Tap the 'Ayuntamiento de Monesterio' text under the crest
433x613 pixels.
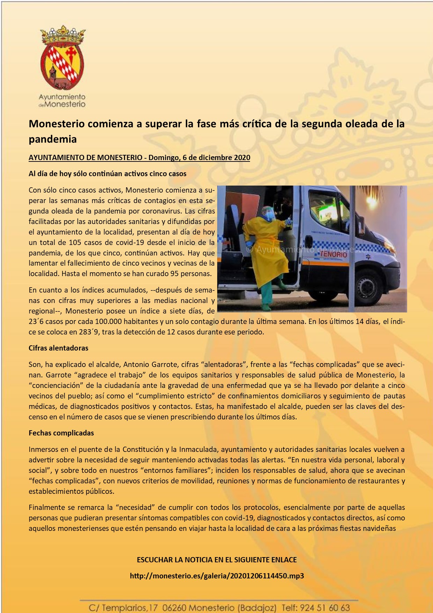(62, 100)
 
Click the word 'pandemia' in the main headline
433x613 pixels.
(52, 139)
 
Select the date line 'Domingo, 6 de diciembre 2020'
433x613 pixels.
(199, 158)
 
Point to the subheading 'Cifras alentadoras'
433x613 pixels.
(58, 348)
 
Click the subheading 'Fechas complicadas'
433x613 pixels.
(61, 433)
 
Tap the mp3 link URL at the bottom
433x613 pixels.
(216, 576)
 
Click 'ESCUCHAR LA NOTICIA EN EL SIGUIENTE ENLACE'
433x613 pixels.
(216, 560)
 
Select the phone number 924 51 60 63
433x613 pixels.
(325, 608)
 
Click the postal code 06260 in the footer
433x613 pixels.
(175, 608)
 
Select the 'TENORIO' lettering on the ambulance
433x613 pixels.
(333, 254)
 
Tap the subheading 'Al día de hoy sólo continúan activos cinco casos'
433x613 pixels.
(108, 174)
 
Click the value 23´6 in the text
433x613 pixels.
(37, 322)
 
